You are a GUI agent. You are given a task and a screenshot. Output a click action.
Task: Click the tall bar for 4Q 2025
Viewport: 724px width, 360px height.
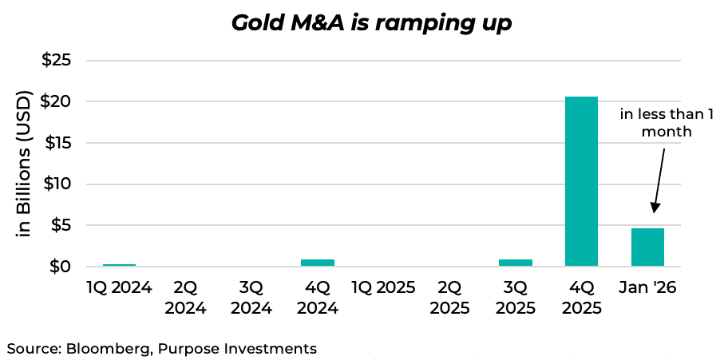tap(581, 181)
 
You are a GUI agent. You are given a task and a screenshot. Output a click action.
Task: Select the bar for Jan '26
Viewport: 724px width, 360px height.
tap(647, 247)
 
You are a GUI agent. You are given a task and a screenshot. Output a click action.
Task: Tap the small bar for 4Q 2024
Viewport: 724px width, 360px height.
tap(317, 263)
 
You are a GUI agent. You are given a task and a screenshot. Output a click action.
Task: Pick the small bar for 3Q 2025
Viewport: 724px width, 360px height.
tap(516, 263)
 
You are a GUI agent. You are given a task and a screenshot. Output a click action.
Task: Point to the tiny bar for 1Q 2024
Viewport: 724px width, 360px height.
tap(119, 264)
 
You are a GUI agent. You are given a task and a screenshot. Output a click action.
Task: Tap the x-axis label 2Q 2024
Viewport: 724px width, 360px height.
tap(185, 297)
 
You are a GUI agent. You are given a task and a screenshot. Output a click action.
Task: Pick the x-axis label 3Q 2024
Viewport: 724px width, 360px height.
tap(251, 297)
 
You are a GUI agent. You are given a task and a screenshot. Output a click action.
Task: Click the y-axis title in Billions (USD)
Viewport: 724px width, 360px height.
tap(24, 164)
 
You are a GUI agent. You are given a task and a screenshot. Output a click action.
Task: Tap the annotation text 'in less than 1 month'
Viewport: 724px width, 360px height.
tap(666, 122)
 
